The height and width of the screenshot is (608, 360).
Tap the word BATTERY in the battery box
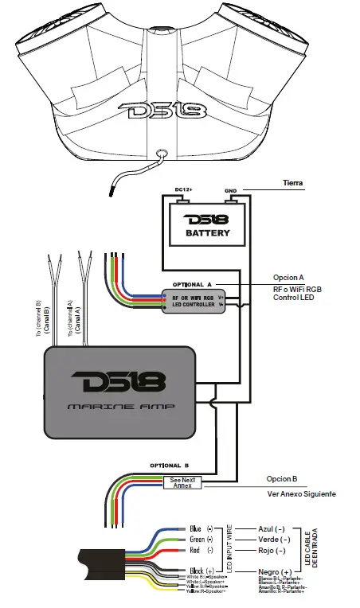point(207,233)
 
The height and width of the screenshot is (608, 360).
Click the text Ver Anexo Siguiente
point(301,494)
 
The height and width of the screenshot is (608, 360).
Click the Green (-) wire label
point(202,540)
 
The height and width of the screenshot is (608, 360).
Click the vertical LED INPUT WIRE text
point(232,550)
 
